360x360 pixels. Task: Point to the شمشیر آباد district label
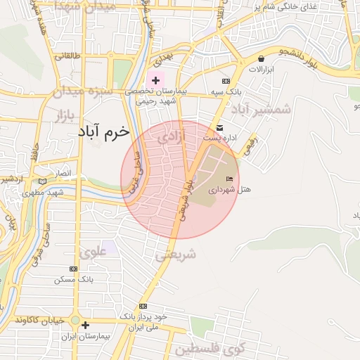click(x=262, y=109)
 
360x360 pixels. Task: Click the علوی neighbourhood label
click(x=94, y=251)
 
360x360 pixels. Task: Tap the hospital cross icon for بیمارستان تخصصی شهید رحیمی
click(x=155, y=81)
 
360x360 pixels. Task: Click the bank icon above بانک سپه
click(x=226, y=82)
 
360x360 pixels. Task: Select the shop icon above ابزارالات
click(x=262, y=59)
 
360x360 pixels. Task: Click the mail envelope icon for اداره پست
click(x=220, y=128)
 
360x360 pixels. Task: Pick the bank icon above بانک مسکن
click(x=74, y=269)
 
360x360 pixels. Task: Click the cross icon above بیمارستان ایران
click(x=85, y=326)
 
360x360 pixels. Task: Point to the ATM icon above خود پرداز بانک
click(x=143, y=307)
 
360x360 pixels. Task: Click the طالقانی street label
click(x=69, y=56)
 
